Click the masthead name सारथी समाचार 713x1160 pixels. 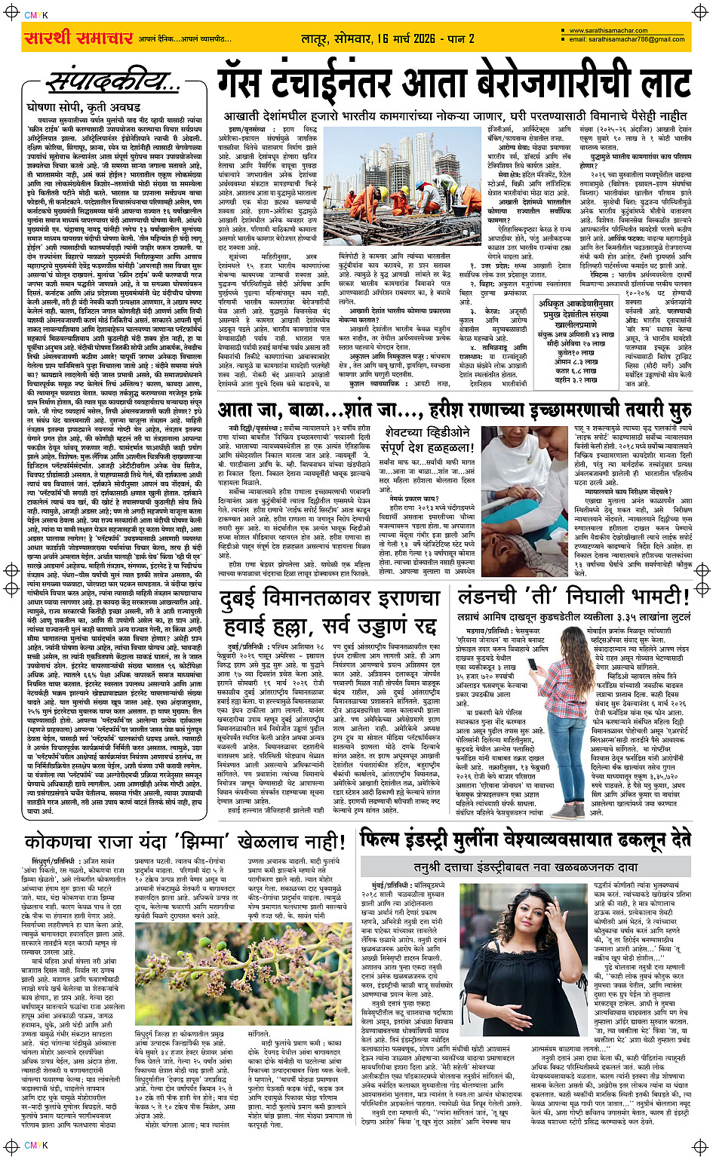(79, 37)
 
